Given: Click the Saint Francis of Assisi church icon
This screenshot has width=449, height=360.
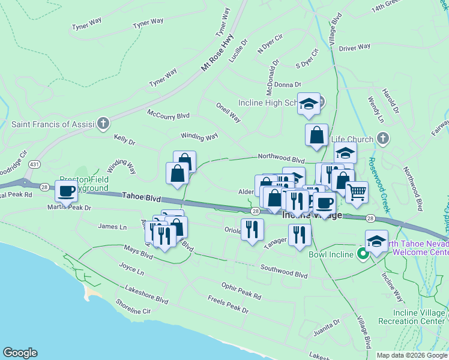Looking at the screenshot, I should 103,124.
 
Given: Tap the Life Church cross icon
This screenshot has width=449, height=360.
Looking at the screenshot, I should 382,139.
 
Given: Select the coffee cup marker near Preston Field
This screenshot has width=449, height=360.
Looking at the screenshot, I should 66,192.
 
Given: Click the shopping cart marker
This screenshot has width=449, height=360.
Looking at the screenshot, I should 356,191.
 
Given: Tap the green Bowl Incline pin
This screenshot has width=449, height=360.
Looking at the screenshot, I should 363,254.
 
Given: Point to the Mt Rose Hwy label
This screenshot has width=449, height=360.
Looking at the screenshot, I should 218,53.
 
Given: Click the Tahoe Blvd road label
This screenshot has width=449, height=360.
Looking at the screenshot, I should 142,196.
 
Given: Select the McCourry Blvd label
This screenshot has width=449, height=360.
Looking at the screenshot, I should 168,115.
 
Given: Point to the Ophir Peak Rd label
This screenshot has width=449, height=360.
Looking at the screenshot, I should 241,292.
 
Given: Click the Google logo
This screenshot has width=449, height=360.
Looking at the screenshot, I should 20,353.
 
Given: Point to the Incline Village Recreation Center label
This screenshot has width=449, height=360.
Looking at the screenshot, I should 420,317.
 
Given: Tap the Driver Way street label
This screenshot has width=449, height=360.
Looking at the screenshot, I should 354,47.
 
